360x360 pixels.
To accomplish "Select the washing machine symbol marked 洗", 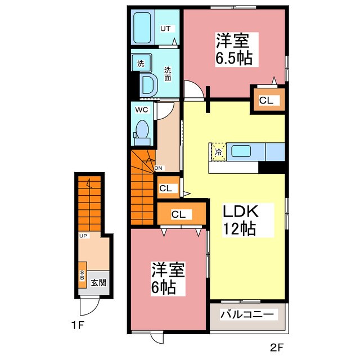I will [x=141, y=64].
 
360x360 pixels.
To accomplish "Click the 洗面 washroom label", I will [x=168, y=74].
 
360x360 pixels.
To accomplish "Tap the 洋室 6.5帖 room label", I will [x=233, y=49].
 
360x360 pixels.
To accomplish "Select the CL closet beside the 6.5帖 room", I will [x=266, y=101].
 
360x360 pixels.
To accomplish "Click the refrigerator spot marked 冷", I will [x=218, y=151].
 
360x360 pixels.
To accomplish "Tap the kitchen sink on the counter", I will [x=241, y=151].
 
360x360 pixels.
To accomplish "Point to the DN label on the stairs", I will [x=159, y=167].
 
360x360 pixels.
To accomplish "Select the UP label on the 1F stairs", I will [x=83, y=235].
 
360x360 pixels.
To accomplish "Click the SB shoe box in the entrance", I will [x=82, y=275].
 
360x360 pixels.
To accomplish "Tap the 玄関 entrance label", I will [x=98, y=282].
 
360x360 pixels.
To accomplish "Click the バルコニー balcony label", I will [x=247, y=314].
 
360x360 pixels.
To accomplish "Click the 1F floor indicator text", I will [x=78, y=326].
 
